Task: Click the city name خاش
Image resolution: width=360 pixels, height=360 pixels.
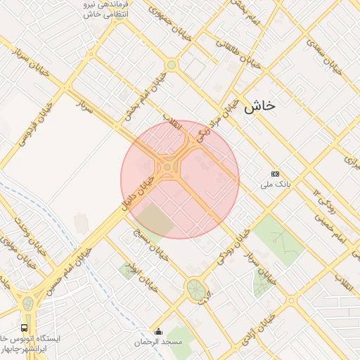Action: point(259,107)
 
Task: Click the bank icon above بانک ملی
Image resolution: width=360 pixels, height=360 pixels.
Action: point(275,174)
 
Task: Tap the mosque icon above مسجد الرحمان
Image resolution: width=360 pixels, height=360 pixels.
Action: point(158,332)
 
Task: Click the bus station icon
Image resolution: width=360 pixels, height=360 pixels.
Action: point(25,328)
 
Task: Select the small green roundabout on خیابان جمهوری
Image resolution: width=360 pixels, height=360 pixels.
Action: point(171,65)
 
